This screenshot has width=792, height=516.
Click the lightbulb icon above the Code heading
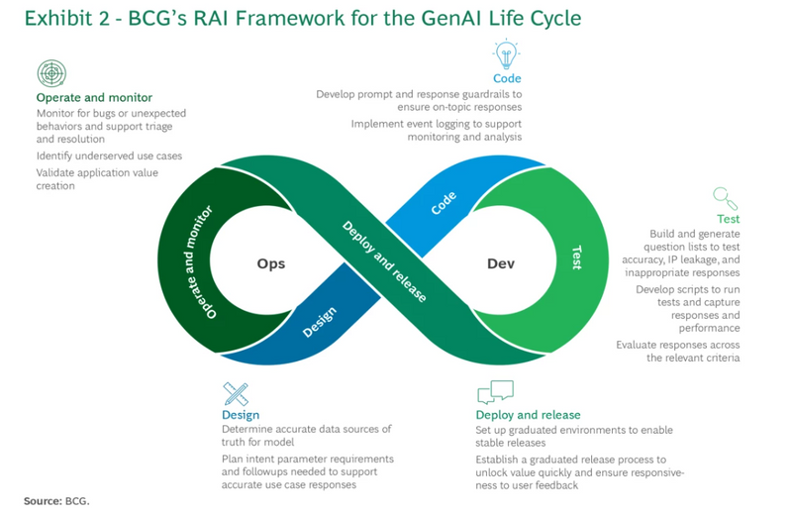pyautogui.click(x=506, y=54)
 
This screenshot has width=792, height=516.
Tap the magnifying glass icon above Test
pyautogui.click(x=726, y=198)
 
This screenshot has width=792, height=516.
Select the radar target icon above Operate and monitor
pyautogui.click(x=50, y=74)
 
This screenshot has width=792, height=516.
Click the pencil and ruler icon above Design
pyautogui.click(x=236, y=393)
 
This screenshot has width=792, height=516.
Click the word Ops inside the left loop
pyautogui.click(x=271, y=263)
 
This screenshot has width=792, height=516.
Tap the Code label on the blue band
pyautogui.click(x=444, y=203)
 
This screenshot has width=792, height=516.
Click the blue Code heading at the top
pyautogui.click(x=507, y=78)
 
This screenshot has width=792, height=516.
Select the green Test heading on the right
pyautogui.click(x=728, y=219)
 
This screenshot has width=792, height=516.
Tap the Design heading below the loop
pyautogui.click(x=242, y=414)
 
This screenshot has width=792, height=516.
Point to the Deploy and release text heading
pyautogui.click(x=528, y=414)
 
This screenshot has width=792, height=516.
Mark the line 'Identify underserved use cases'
pyautogui.click(x=109, y=155)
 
